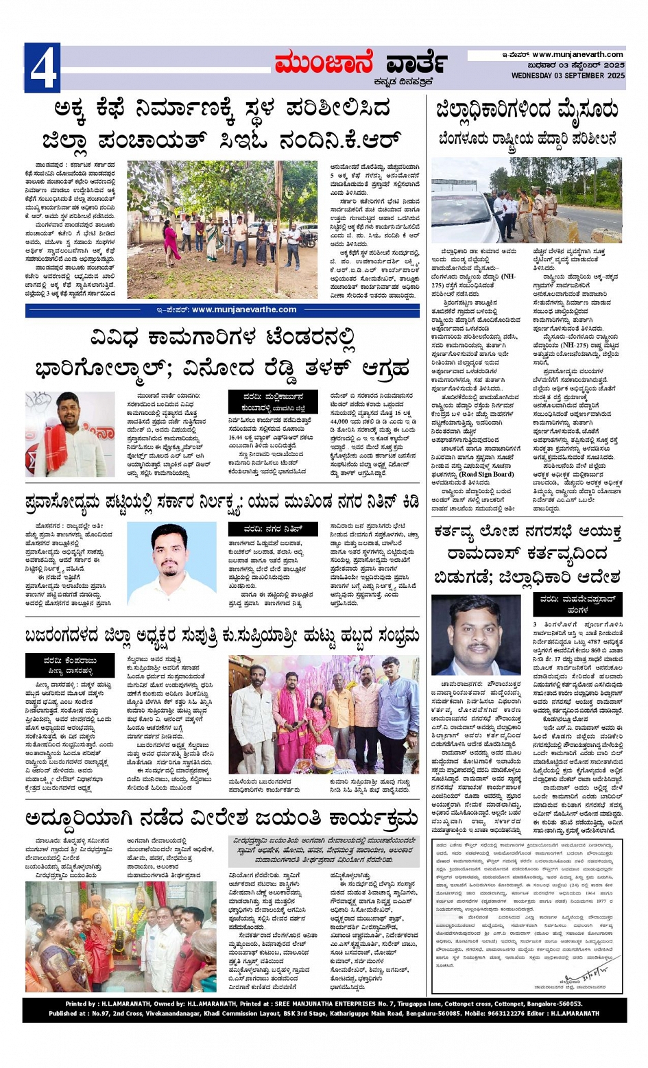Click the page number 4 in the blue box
[43, 68]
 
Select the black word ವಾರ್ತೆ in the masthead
[417, 64]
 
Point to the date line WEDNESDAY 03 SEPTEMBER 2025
[568, 75]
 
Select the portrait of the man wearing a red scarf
[70, 434]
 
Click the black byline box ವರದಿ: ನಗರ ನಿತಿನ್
[273, 529]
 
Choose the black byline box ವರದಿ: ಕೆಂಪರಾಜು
[71, 665]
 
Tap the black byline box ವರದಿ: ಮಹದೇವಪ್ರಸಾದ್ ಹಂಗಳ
[577, 604]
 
